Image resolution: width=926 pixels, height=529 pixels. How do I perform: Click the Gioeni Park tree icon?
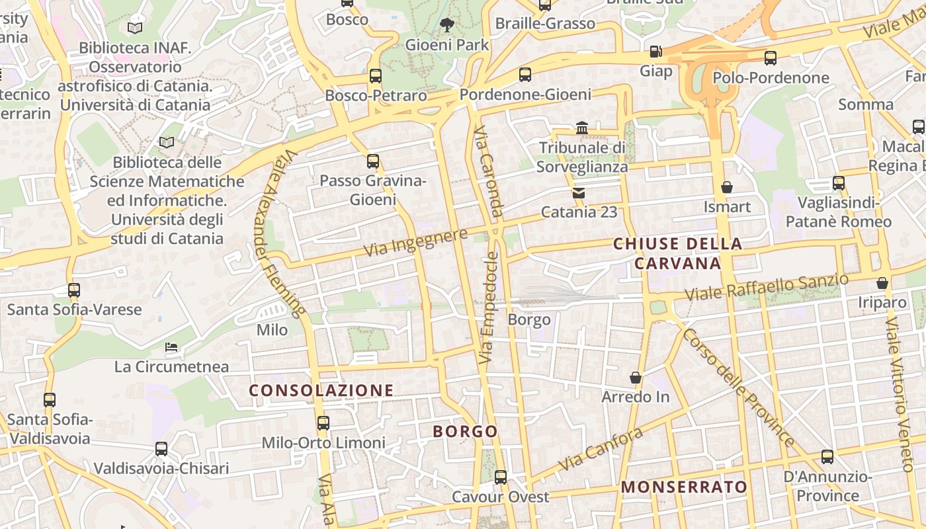447,25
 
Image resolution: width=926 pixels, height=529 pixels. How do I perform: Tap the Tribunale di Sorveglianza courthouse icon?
582,128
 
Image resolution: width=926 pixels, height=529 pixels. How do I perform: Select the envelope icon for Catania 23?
579,193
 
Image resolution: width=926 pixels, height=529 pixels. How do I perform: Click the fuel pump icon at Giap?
655,51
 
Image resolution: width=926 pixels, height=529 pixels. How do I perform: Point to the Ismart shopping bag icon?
727,187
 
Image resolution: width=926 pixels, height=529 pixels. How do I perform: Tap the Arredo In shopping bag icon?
636,378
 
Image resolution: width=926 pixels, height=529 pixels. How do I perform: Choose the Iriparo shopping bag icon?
882,283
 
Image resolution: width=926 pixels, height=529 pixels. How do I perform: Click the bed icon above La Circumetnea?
171,347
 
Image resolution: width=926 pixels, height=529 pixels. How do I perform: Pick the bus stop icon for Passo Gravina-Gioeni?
373,161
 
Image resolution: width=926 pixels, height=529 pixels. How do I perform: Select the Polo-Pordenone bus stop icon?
771,58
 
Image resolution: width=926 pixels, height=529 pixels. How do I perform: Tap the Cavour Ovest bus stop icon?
501,477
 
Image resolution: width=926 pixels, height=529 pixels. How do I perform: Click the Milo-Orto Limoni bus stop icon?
323,423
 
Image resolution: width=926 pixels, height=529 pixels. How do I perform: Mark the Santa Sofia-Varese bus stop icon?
74,290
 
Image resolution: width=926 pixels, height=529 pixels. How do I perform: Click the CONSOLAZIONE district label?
321,390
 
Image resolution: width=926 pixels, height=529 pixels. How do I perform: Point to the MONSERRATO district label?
684,487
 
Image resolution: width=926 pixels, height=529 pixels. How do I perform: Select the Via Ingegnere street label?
416,242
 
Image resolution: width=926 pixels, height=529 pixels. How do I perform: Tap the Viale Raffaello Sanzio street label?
766,286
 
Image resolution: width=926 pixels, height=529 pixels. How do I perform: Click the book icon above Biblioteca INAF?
135,28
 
